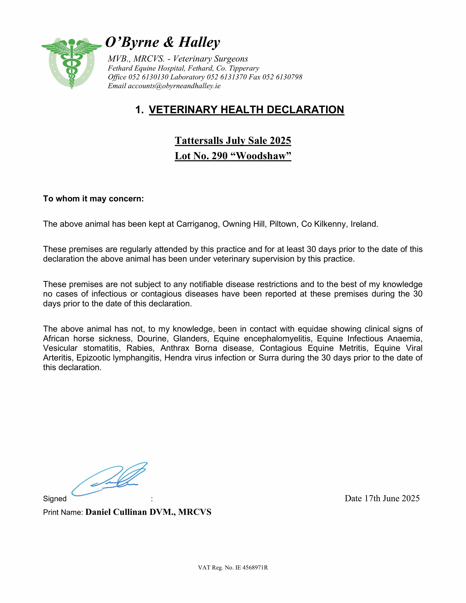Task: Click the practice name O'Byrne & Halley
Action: coord(163,42)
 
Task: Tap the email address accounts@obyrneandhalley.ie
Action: coord(174,86)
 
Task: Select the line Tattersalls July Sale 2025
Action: coord(233,140)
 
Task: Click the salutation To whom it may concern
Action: coord(93,199)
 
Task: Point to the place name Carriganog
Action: coord(197,224)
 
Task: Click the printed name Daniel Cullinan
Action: coord(116,512)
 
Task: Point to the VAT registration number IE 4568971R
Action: coord(252,568)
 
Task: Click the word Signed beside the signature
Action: coord(55,499)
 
